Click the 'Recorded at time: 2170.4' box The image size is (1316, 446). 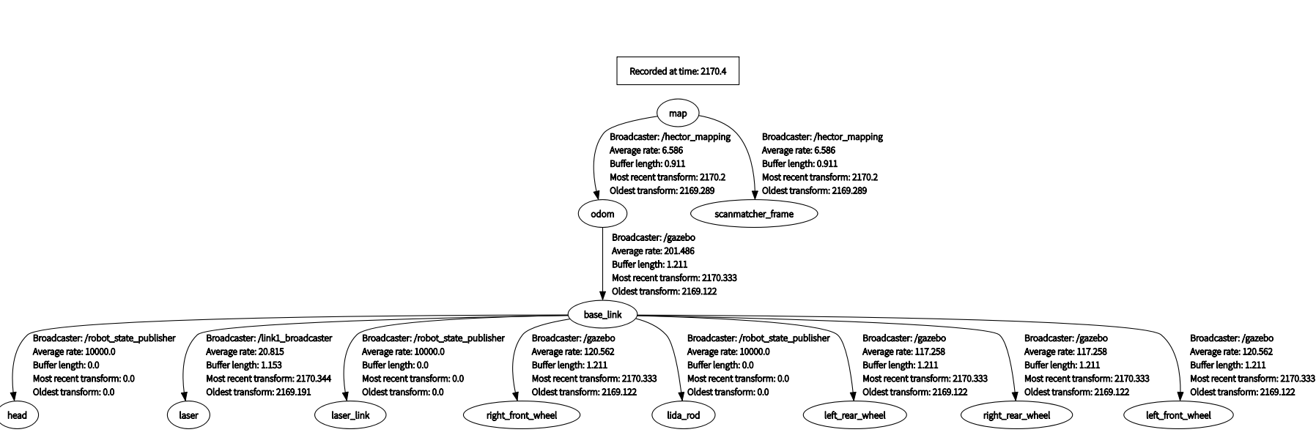[677, 71]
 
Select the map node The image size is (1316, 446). [678, 113]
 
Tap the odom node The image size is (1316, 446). [602, 214]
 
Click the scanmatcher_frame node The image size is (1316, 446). [754, 214]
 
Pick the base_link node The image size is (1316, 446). [602, 315]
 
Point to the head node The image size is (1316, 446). [17, 415]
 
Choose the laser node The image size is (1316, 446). [188, 415]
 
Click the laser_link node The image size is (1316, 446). [350, 415]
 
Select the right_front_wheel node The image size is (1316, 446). [522, 415]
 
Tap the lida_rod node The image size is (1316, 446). [683, 415]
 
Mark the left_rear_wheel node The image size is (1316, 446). [854, 415]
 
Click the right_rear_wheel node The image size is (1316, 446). [1016, 415]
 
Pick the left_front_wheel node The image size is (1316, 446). [1178, 415]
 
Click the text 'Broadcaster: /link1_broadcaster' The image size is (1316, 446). [269, 338]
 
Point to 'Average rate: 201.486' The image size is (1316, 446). [653, 251]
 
